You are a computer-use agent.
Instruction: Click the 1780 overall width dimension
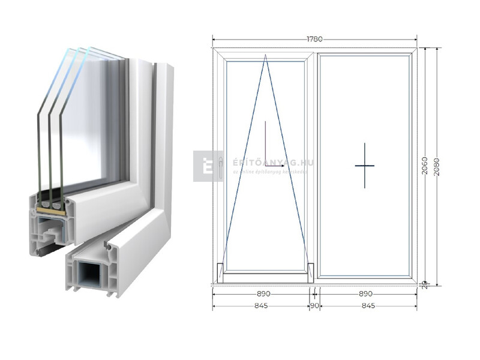pos(314,40)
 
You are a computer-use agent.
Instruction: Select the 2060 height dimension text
pos(425,165)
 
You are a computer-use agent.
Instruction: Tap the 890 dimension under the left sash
pos(263,294)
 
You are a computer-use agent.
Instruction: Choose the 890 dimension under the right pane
pos(365,294)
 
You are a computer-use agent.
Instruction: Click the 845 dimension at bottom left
pos(260,306)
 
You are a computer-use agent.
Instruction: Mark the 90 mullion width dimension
pos(314,306)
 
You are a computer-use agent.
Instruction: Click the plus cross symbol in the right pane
pos(364,165)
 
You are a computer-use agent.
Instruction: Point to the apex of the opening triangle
pos(266,56)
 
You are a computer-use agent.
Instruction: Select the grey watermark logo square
pos(208,166)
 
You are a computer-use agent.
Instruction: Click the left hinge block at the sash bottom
pos(220,272)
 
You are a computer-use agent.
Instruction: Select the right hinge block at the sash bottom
pos(310,272)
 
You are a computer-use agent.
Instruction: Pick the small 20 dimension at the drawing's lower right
pos(424,283)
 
